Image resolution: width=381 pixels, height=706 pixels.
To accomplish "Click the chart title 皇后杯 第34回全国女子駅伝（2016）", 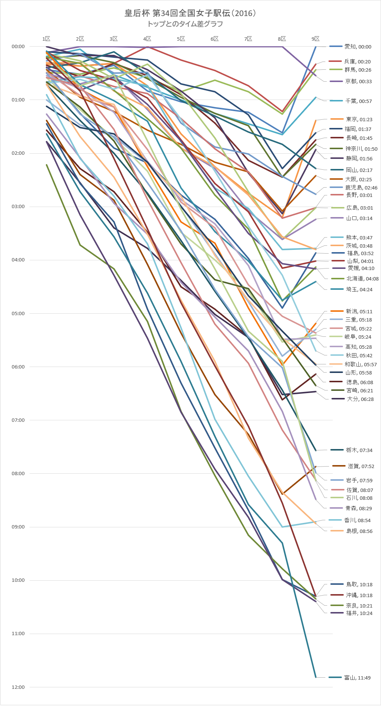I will (x=190, y=13).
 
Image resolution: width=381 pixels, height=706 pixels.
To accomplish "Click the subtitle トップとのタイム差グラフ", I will (x=185, y=24).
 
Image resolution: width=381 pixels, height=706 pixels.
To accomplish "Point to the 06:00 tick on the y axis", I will (x=18, y=367).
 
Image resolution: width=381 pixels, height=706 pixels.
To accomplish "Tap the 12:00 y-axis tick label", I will (x=18, y=687).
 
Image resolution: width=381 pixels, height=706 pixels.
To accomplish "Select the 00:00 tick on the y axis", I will (x=18, y=47).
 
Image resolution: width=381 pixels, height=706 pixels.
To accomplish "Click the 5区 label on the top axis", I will (x=181, y=39).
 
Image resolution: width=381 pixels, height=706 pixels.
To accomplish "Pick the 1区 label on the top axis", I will (x=46, y=39).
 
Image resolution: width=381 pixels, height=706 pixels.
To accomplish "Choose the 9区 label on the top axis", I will (x=315, y=39).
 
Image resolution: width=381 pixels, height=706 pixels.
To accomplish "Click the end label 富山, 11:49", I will (x=357, y=678).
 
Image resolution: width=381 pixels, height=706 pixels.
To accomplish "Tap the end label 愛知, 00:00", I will (x=358, y=47).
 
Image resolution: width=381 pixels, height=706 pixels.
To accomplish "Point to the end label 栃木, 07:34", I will (x=359, y=450).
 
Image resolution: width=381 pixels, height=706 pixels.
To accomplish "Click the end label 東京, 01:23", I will (x=359, y=119).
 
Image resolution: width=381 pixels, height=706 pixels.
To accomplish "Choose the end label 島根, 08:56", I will (x=359, y=531).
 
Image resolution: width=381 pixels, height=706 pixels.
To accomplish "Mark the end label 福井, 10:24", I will (x=359, y=613).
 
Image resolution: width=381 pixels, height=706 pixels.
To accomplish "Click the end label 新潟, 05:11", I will (x=359, y=311).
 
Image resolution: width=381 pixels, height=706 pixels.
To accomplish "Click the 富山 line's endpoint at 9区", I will (x=316, y=677).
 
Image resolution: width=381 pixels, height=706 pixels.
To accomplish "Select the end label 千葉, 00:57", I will (x=358, y=101).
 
